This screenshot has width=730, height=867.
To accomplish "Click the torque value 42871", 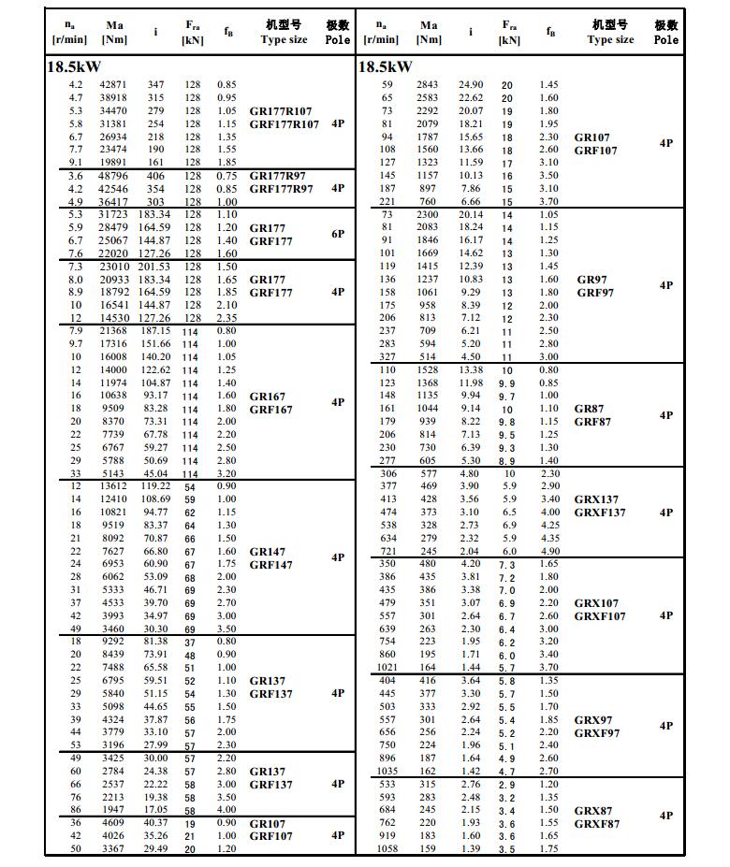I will click(x=113, y=84).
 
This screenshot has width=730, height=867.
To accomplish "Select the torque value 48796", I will click(x=113, y=175).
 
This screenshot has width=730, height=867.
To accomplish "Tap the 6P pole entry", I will click(x=338, y=234).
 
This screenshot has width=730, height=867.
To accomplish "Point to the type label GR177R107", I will click(x=281, y=111).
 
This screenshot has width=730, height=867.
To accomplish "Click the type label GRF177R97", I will click(x=282, y=188).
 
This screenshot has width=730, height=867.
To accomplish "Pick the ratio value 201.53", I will click(x=155, y=267).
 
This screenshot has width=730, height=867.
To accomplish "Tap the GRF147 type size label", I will click(x=271, y=565).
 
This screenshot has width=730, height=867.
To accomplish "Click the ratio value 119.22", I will click(x=155, y=486).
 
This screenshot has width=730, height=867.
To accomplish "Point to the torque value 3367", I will click(x=113, y=848).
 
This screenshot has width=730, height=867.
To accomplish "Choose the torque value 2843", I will click(x=427, y=84).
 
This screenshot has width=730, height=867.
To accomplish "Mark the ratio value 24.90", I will click(x=471, y=84).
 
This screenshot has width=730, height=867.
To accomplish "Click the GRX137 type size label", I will click(x=596, y=499).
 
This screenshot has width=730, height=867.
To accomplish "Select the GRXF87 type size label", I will click(x=596, y=824).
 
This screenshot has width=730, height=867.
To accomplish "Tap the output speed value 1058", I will click(x=387, y=848).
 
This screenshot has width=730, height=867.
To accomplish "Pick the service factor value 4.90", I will click(x=549, y=551).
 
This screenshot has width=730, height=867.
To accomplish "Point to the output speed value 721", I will click(x=387, y=551).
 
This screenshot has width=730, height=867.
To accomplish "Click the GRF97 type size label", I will click(x=596, y=293).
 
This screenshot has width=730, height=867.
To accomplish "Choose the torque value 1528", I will click(x=427, y=369).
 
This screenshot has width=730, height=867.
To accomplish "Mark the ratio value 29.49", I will click(x=155, y=848).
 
